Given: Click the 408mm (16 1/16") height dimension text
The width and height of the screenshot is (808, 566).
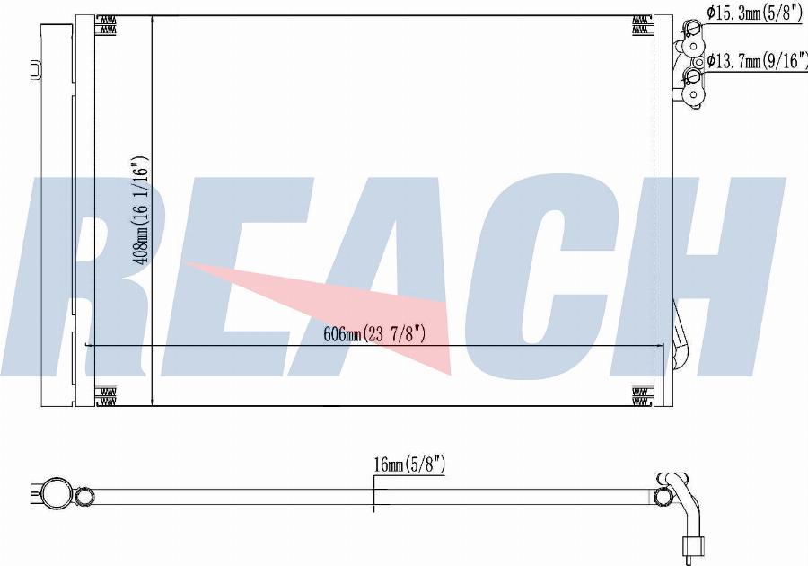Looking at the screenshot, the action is (x=141, y=210).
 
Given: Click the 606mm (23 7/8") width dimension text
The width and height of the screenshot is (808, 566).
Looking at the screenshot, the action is (x=374, y=334).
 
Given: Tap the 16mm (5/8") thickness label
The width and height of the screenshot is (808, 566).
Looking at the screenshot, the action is (x=409, y=465).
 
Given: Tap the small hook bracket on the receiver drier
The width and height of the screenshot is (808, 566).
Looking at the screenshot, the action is (x=36, y=69).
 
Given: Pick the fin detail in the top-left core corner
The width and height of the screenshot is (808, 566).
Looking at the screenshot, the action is (x=106, y=24).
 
